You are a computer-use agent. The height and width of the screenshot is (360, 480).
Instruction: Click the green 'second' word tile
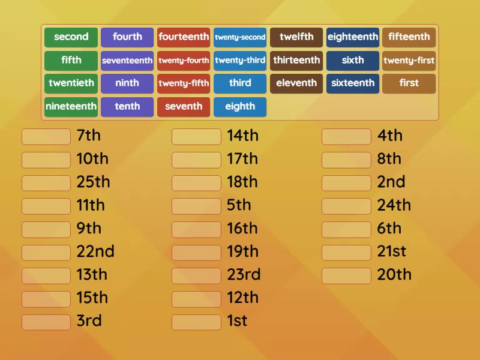click(71, 37)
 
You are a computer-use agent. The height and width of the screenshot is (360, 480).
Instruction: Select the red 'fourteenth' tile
click(184, 37)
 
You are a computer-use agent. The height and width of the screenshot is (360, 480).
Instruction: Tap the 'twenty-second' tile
click(240, 37)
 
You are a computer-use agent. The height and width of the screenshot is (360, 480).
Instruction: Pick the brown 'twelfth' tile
click(296, 37)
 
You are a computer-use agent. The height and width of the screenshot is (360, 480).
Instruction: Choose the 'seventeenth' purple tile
click(127, 61)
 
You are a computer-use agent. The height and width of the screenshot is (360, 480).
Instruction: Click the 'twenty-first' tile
click(409, 61)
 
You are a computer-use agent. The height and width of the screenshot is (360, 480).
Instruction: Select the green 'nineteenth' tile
click(71, 107)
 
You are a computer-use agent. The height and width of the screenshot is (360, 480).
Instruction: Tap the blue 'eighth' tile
click(240, 107)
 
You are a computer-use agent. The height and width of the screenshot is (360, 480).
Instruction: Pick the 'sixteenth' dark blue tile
click(353, 83)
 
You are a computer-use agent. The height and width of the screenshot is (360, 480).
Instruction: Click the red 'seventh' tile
click(184, 107)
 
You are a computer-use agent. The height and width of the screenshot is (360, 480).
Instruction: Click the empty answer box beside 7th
click(46, 137)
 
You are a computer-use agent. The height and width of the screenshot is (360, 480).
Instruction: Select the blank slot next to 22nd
click(46, 253)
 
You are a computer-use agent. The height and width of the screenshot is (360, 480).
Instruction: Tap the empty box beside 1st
click(196, 322)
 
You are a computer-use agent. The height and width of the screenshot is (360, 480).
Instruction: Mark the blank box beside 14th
click(196, 137)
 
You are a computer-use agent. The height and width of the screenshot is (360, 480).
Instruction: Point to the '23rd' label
click(244, 275)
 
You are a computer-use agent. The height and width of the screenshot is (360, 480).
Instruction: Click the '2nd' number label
click(391, 182)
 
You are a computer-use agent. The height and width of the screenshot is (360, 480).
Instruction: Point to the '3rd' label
click(89, 321)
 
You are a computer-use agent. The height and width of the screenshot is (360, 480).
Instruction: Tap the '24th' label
click(394, 205)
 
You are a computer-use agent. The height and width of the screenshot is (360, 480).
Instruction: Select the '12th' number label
click(242, 298)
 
